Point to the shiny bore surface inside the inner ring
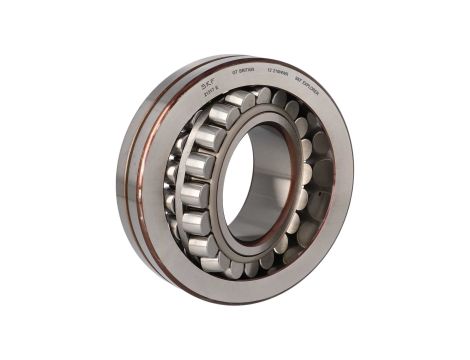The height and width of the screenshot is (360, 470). [270, 180]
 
